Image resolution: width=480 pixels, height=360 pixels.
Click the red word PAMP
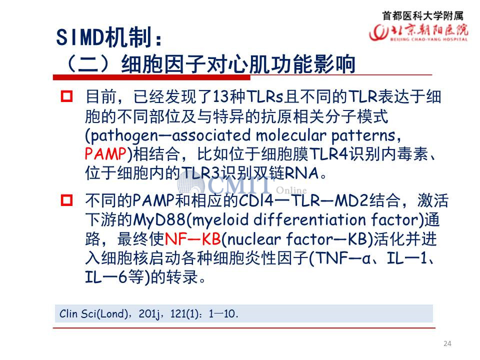pyautogui.click(x=105, y=153)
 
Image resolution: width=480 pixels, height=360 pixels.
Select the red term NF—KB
pyautogui.click(x=193, y=239)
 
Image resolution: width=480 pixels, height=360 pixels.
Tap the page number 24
pyautogui.click(x=447, y=343)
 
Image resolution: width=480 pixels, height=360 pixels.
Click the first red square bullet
pyautogui.click(x=66, y=96)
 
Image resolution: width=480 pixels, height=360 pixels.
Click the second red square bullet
pyautogui.click(x=66, y=200)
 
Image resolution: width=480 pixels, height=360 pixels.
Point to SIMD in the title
pyautogui.click(x=80, y=37)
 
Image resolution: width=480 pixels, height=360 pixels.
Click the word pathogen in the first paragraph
pyautogui.click(x=124, y=136)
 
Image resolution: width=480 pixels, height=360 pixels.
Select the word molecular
pyautogui.click(x=291, y=135)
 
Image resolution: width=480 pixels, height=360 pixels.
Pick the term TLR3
pyautogui.click(x=200, y=173)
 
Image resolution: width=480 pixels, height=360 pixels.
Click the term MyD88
pyautogui.click(x=159, y=220)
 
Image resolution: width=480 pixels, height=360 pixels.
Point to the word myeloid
pyautogui.click(x=220, y=220)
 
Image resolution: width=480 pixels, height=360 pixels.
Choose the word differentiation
pyautogui.click(x=310, y=219)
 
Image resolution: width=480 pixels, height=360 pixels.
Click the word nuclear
pyautogui.click(x=254, y=239)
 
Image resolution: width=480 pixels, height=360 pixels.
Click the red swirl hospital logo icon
pyautogui.click(x=378, y=32)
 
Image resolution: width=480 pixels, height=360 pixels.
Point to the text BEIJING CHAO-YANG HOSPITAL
pyautogui.click(x=429, y=39)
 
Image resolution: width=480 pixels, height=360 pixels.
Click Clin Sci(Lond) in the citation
pyautogui.click(x=93, y=314)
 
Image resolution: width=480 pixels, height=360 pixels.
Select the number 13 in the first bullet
pyautogui.click(x=220, y=96)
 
